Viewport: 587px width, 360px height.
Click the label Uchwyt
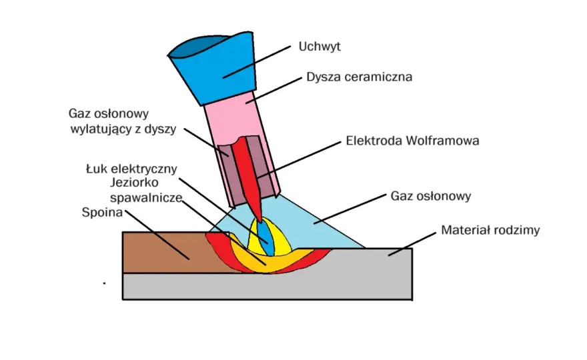point(320,47)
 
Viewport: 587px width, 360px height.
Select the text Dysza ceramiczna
point(359,77)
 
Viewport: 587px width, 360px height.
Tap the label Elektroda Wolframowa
point(412,141)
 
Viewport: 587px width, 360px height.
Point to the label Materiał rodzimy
point(490,230)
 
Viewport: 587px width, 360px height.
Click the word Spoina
point(102,213)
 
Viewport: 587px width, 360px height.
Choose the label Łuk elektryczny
point(131,169)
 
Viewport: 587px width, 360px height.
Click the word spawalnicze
point(146,197)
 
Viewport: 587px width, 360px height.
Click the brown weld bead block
point(169,253)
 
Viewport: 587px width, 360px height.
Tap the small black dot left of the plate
point(104,283)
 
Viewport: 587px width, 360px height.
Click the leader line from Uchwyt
point(257,62)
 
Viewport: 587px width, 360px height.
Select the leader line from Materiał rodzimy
point(412,244)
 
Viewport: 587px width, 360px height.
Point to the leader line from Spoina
point(157,235)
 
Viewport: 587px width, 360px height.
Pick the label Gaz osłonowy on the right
point(430,196)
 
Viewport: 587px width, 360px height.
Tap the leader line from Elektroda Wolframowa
point(299,160)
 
